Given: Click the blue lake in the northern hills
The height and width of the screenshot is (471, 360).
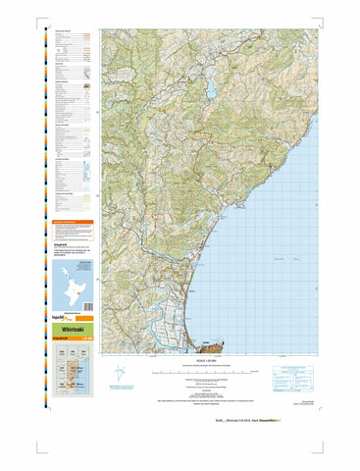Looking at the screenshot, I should pyautogui.click(x=211, y=89).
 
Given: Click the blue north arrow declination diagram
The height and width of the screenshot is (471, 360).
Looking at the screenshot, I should pyautogui.click(x=119, y=374).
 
